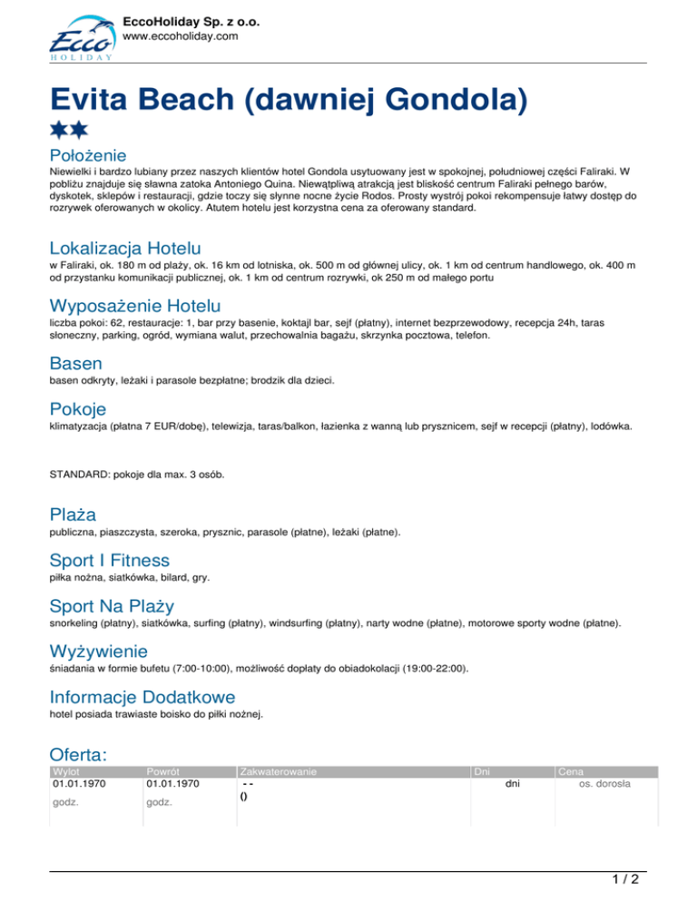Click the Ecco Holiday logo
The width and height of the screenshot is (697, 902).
(x=81, y=40)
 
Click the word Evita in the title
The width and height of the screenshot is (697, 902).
(x=94, y=96)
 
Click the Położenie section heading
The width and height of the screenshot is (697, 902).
(x=87, y=155)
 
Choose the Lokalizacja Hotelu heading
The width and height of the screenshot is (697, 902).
(x=125, y=247)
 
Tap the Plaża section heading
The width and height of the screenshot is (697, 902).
(x=73, y=515)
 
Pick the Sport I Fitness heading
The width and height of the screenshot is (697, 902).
(x=109, y=560)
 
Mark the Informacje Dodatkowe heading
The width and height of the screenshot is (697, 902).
(x=142, y=697)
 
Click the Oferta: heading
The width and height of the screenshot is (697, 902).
(x=79, y=754)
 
